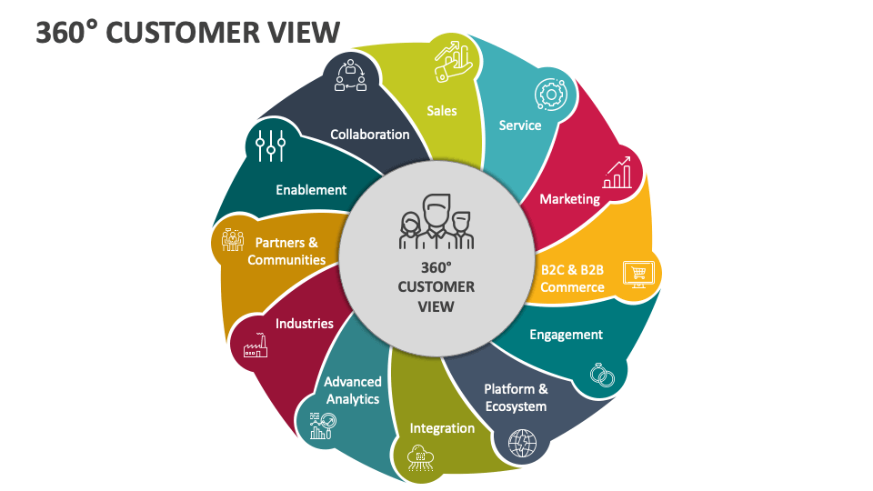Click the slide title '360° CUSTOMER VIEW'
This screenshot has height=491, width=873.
coord(188,32)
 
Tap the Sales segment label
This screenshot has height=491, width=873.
coord(442,111)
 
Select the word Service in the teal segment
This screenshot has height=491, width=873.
coord(520,125)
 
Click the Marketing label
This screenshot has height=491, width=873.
coord(570,198)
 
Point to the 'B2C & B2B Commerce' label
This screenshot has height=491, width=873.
coord(573,278)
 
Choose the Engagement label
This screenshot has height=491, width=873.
coord(567,335)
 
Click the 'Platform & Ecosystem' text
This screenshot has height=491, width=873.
coord(516,397)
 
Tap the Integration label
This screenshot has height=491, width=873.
coord(442,428)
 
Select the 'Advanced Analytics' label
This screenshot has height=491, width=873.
coord(353,390)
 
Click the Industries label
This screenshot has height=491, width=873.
coord(305,324)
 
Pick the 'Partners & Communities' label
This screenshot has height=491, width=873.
coord(286,251)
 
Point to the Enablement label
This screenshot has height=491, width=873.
coord(311,190)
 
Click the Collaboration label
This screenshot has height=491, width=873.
coord(370,135)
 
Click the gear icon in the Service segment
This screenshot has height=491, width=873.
coord(550,93)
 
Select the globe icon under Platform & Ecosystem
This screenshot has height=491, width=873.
coord(523,444)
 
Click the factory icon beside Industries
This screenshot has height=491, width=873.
coord(254,345)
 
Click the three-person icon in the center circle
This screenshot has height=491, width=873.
coord(436,222)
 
